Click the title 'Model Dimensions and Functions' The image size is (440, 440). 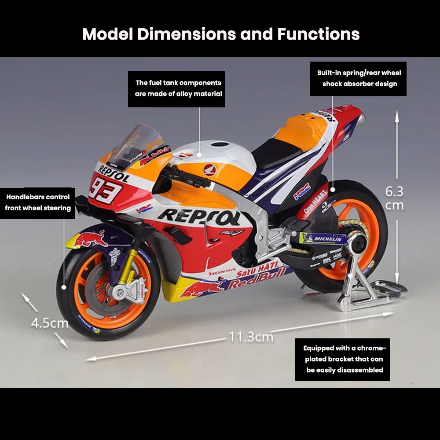(x=221, y=34)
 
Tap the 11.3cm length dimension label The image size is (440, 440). (x=251, y=337)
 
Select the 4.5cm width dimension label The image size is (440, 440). (x=49, y=323)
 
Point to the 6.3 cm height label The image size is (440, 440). (x=394, y=198)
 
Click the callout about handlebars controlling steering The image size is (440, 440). (x=38, y=202)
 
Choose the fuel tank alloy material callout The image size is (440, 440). (x=178, y=88)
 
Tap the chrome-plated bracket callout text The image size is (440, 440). (x=344, y=359)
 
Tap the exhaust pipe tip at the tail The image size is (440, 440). (x=362, y=116)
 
